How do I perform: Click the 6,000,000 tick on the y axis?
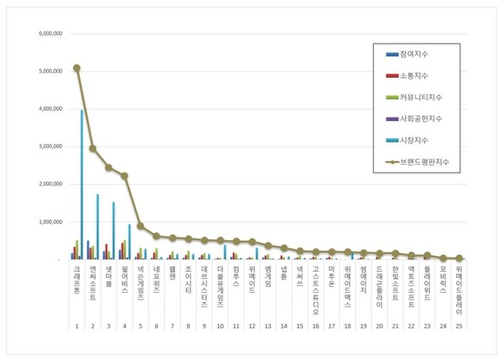pyautogui.click(x=47, y=34)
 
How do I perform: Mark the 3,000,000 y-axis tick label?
pyautogui.click(x=47, y=147)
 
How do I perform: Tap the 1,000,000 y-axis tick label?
pyautogui.click(x=47, y=222)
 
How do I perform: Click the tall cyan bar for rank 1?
pyautogui.click(x=81, y=185)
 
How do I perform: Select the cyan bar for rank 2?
pyautogui.click(x=97, y=227)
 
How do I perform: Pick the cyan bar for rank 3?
pyautogui.click(x=113, y=231)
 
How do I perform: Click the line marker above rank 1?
pyautogui.click(x=76, y=68)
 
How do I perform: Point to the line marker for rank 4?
pyautogui.click(x=124, y=176)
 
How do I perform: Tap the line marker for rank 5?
pyautogui.click(x=140, y=227)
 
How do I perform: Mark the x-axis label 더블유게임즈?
pyautogui.click(x=219, y=290)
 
